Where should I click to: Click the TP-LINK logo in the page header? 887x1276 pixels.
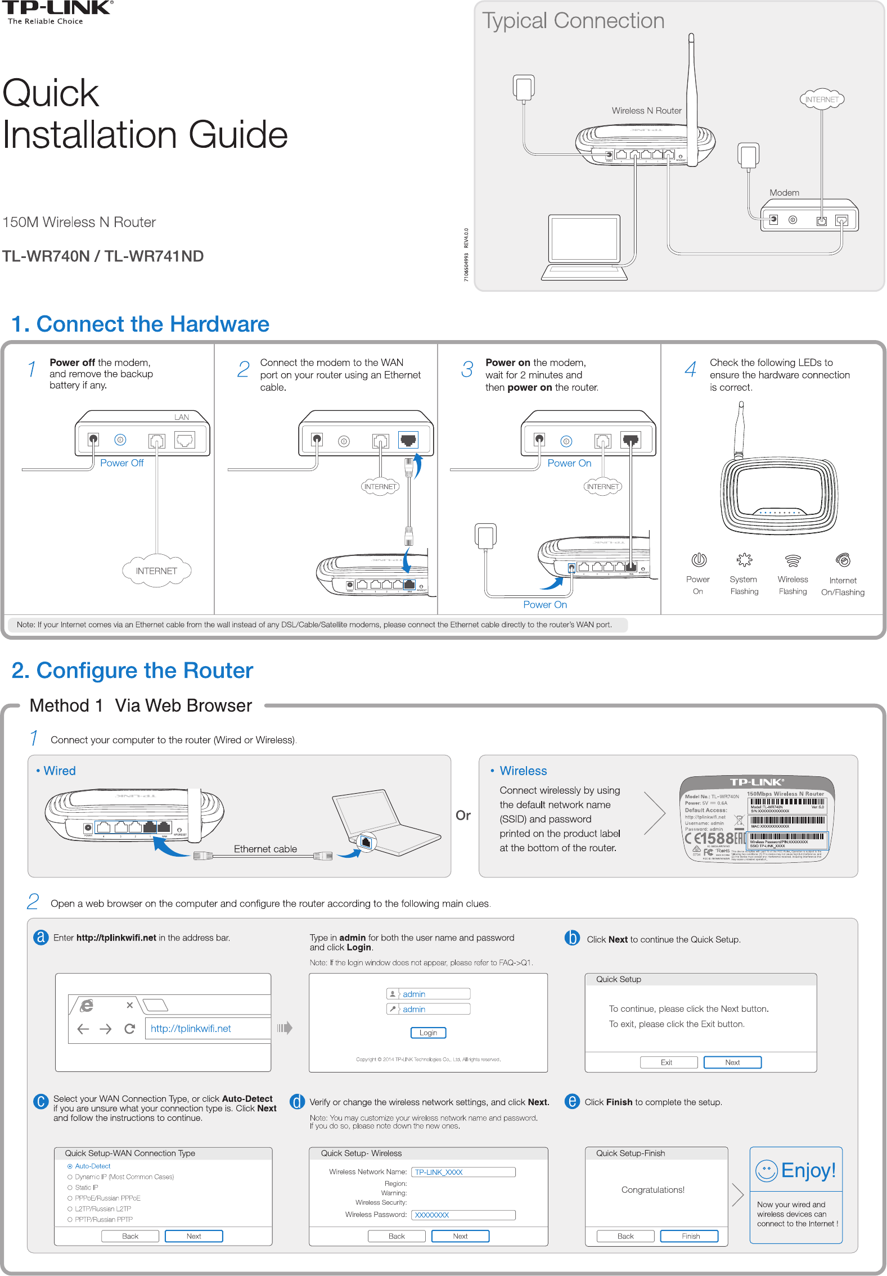pyautogui.click(x=58, y=8)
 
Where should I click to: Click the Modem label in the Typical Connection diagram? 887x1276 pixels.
pyautogui.click(x=784, y=193)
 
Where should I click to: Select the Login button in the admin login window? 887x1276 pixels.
pyautogui.click(x=428, y=1033)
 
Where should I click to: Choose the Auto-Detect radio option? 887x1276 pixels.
pyautogui.click(x=70, y=1166)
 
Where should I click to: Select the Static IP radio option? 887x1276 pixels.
pyautogui.click(x=70, y=1188)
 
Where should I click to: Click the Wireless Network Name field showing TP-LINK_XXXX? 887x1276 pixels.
pyautogui.click(x=463, y=1172)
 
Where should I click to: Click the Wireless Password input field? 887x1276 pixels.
pyautogui.click(x=463, y=1215)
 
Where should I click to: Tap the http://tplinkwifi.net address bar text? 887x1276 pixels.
pyautogui.click(x=191, y=1029)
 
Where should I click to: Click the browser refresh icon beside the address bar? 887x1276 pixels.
pyautogui.click(x=129, y=1029)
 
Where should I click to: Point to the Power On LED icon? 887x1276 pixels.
pyautogui.click(x=699, y=560)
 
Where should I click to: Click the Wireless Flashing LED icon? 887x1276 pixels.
pyautogui.click(x=793, y=560)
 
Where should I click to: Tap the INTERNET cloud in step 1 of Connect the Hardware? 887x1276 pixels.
pyautogui.click(x=156, y=571)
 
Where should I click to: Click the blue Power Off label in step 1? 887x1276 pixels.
pyautogui.click(x=121, y=463)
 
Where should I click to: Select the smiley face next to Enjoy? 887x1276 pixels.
pyautogui.click(x=766, y=1171)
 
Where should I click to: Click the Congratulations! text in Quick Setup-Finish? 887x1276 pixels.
pyautogui.click(x=652, y=1190)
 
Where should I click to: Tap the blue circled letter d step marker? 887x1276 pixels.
pyautogui.click(x=297, y=1102)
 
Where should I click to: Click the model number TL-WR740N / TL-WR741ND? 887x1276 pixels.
pyautogui.click(x=103, y=256)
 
